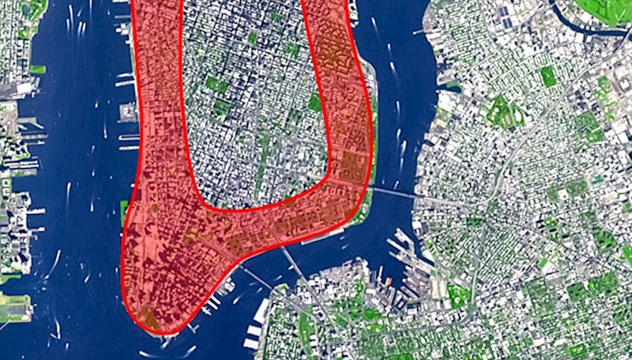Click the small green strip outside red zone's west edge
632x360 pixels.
pyautogui.click(x=123, y=209)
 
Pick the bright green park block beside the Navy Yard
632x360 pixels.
pyautogui.click(x=458, y=297)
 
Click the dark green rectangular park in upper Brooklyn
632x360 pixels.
pyautogui.click(x=547, y=76)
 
